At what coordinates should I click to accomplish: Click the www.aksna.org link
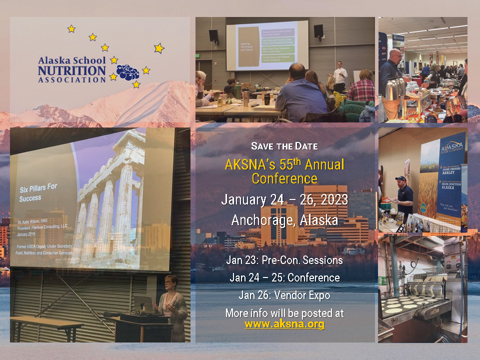284,324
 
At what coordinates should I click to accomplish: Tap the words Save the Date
284,146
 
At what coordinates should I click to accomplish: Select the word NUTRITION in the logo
71,70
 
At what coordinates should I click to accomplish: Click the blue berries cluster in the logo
127,72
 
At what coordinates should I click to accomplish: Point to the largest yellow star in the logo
159,48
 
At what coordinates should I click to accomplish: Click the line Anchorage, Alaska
284,220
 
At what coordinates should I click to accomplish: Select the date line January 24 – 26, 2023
284,200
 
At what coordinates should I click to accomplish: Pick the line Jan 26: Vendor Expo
284,295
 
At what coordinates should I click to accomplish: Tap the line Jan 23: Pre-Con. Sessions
284,260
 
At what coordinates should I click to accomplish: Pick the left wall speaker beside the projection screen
213,35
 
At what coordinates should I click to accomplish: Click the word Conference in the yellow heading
284,178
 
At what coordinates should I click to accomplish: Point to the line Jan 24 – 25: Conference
284,277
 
